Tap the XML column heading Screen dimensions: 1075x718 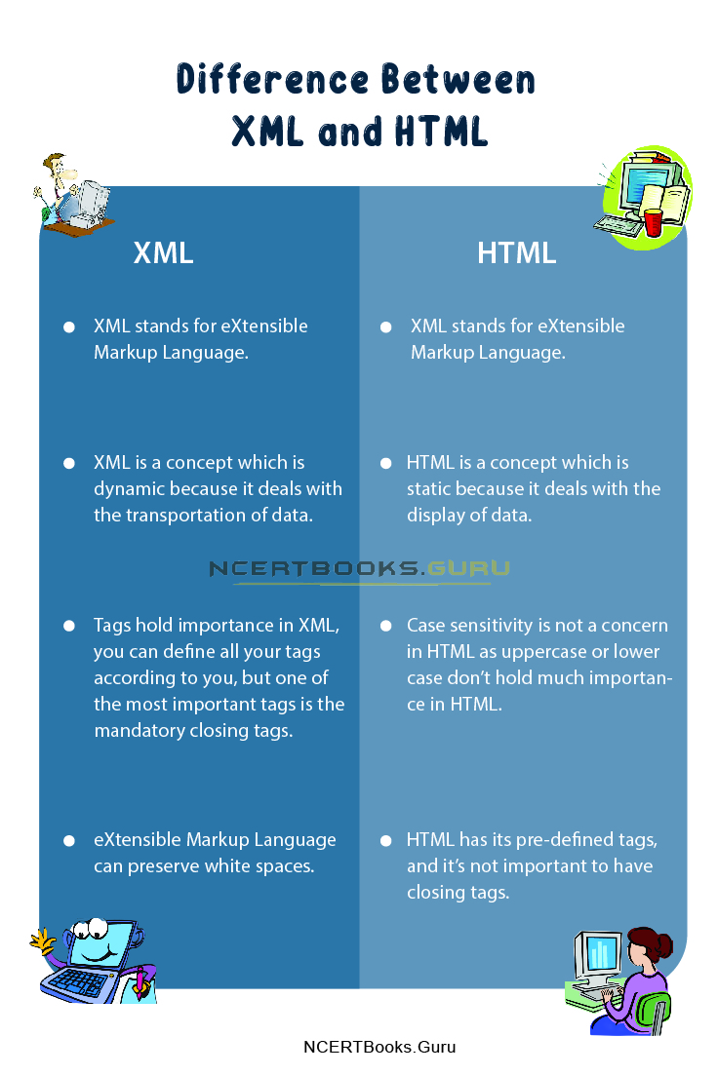click(163, 253)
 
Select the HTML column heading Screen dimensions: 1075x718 click(516, 253)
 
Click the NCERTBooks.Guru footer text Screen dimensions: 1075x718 click(379, 1048)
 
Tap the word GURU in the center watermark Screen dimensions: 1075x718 click(469, 569)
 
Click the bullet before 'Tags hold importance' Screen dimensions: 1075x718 click(69, 626)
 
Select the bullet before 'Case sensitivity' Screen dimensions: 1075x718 click(385, 626)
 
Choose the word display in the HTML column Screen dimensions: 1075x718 click(435, 516)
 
